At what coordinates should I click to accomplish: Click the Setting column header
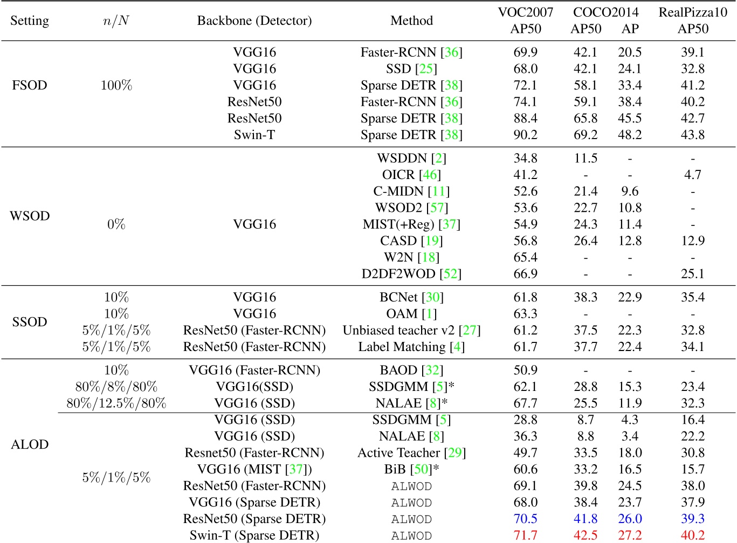30,20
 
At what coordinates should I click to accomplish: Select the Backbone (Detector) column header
254,20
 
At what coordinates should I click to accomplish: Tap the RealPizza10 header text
692,12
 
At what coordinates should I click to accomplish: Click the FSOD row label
30,85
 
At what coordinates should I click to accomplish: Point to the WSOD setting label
30,216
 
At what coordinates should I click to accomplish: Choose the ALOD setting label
30,444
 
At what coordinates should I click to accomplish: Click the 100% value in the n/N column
116,85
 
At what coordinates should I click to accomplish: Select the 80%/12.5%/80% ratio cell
116,403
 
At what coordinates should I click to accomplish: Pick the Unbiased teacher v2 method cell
399,330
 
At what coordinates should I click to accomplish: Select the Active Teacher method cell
399,453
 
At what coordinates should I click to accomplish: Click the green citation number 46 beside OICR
430,175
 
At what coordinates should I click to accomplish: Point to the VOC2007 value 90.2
525,135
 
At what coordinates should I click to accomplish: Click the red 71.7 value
525,535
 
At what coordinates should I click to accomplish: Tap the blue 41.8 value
586,519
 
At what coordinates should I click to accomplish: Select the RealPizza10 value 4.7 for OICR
692,175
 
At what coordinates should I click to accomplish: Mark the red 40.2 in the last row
692,535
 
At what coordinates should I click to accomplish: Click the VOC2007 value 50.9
525,370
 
